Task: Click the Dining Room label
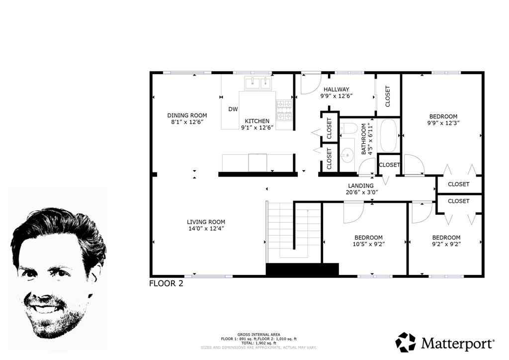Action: tap(187, 115)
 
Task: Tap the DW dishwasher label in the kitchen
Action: tap(233, 109)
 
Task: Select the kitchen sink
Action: tap(257, 83)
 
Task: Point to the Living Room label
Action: tap(206, 222)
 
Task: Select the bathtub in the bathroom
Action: tap(388, 135)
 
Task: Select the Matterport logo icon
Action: tap(406, 342)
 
